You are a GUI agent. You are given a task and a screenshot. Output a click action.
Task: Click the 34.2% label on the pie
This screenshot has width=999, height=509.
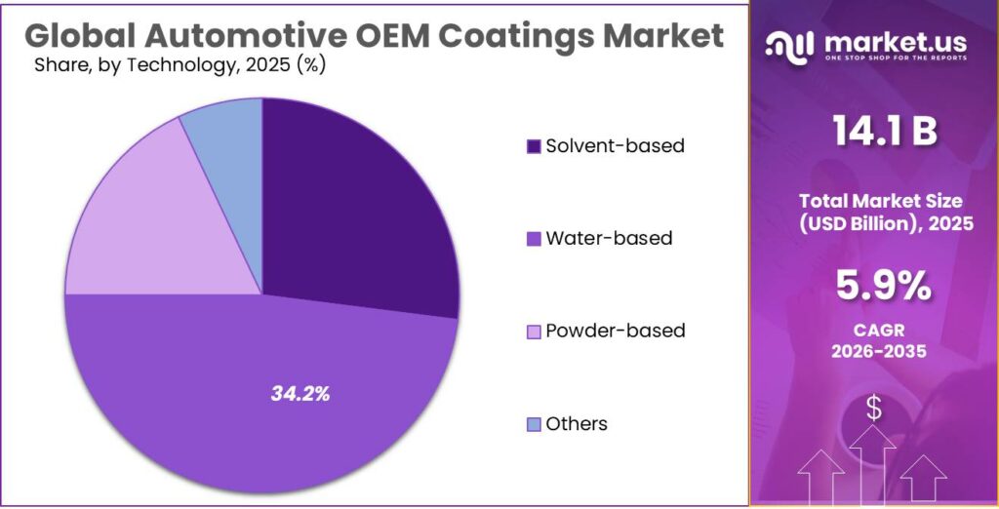tap(300, 394)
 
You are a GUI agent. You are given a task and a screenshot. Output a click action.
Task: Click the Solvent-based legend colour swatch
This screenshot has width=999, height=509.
tap(534, 146)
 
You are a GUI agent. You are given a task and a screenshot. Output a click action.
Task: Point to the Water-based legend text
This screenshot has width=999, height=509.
tap(609, 238)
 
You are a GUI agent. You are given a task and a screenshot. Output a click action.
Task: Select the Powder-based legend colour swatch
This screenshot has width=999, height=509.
tap(534, 332)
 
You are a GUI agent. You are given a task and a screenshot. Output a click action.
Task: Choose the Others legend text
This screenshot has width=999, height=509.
tap(577, 423)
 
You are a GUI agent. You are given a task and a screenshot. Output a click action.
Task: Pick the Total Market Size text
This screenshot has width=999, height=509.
tap(881, 201)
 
